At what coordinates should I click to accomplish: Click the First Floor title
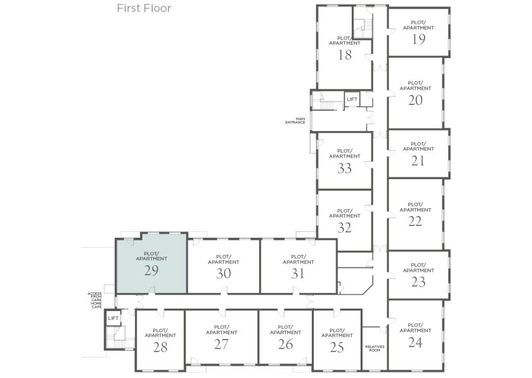(144, 8)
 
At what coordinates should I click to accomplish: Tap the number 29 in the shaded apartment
(151, 271)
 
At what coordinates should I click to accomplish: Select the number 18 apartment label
(344, 55)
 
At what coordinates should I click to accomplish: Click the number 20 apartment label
(415, 100)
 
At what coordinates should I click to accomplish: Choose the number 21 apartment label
(418, 161)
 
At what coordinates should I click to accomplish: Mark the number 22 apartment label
(415, 221)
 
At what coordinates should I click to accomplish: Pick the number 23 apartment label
(418, 282)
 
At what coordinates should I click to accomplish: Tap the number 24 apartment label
(415, 342)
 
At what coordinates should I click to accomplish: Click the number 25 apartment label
(337, 347)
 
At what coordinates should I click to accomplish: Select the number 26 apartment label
(285, 344)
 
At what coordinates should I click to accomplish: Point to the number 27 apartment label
(221, 344)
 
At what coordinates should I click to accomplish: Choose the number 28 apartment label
(160, 347)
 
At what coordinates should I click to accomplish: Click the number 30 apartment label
(223, 274)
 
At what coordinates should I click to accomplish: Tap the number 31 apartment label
(298, 274)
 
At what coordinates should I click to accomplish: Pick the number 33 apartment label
(344, 168)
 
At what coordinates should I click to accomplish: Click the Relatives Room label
(375, 348)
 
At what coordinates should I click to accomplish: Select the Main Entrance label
(295, 120)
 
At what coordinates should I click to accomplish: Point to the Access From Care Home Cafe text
(95, 300)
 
